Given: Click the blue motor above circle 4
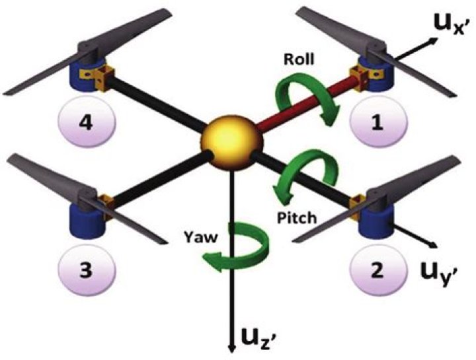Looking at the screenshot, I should [x=84, y=77].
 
